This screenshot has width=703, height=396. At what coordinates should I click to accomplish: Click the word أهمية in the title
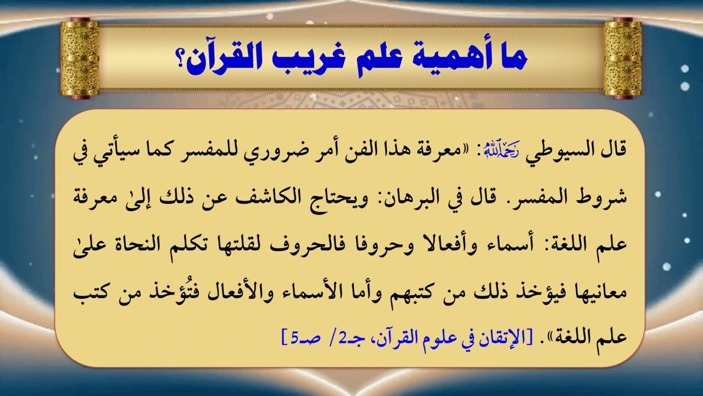pyautogui.click(x=455, y=58)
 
